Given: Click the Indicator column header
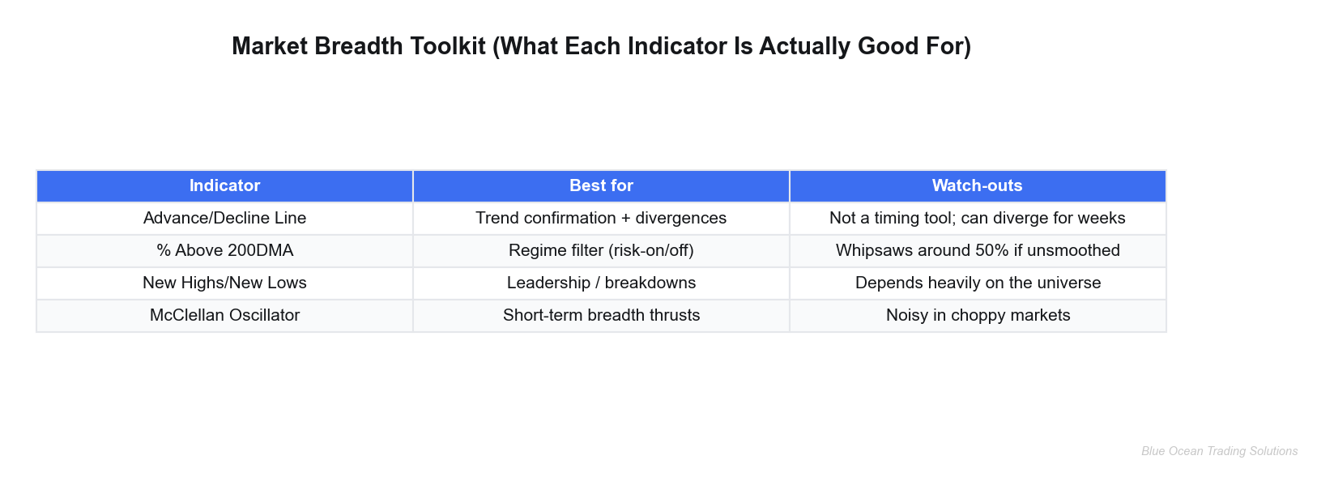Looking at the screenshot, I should (224, 185).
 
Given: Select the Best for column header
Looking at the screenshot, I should (601, 185).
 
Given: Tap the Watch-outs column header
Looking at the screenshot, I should (977, 185).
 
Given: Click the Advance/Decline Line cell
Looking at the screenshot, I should (224, 218).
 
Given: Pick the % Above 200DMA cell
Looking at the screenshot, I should (224, 250).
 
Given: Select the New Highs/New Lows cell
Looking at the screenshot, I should (224, 283).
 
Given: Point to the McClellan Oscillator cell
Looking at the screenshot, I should (224, 315).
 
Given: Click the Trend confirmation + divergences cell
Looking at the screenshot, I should (601, 218).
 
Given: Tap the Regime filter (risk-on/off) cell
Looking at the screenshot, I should (601, 250).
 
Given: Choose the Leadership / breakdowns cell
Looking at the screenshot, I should (601, 283).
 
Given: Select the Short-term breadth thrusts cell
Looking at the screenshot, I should (601, 315).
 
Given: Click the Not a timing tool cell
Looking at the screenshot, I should (977, 218).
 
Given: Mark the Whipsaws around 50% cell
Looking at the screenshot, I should (977, 250).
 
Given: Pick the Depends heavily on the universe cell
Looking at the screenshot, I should (977, 283).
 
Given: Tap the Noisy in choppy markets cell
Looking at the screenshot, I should (977, 315).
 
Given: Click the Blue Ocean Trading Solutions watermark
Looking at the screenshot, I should (1219, 451).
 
